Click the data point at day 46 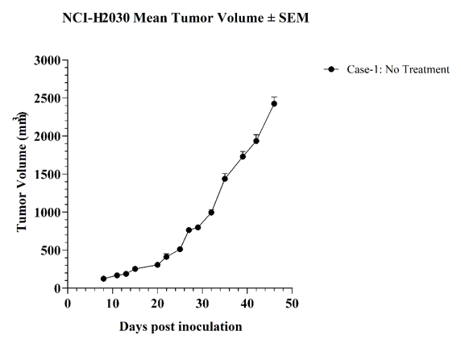point(274,104)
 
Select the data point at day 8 point(103,279)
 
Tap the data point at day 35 point(225,179)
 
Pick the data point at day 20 point(157,265)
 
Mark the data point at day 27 point(189,230)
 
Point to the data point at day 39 point(243,156)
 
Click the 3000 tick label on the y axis point(47,60)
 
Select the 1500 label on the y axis point(47,175)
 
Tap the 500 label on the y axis point(50,250)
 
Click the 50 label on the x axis point(292,304)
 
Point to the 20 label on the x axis point(157,304)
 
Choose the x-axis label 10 point(112,304)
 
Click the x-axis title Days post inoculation point(181,327)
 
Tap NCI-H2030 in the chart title point(96,18)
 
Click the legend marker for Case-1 point(331,69)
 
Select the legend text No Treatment point(417,69)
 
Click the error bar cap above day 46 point point(274,97)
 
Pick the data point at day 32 point(211,212)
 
